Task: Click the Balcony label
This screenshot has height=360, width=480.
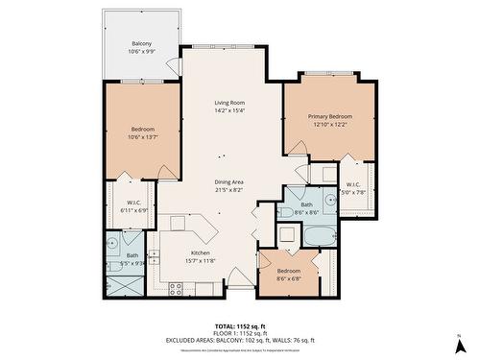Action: pos(141,44)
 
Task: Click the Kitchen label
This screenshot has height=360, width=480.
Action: pos(200,252)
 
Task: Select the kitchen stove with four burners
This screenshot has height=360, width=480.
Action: pos(177,287)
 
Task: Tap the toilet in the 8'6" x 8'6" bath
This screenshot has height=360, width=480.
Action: pos(287,212)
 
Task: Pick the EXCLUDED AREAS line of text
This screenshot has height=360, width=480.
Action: pos(239,340)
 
